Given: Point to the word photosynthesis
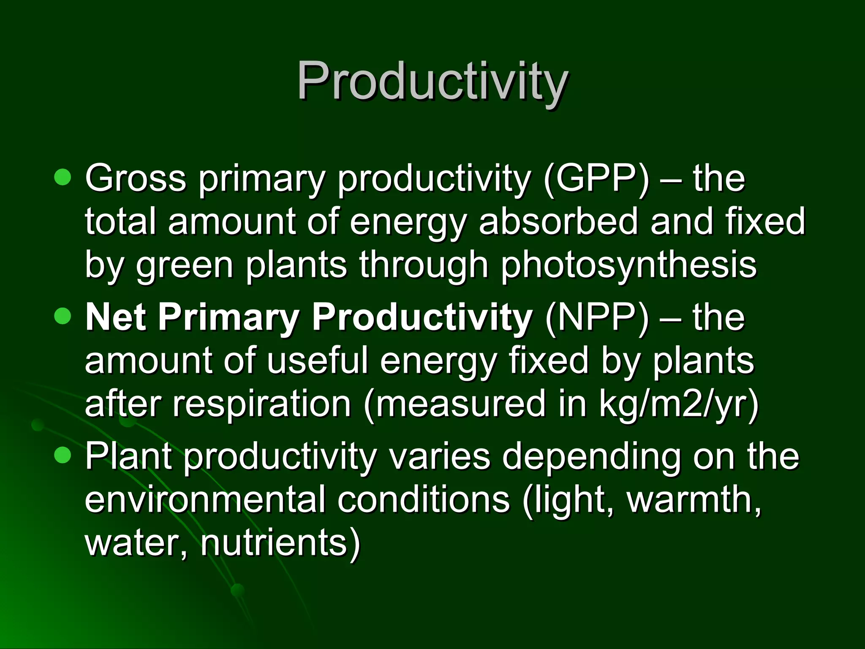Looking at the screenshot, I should (628, 265).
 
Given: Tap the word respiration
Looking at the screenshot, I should (261, 404).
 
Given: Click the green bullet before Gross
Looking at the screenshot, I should (63, 177).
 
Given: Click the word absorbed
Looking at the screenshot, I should (558, 222).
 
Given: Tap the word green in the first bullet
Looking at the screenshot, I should (185, 265).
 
